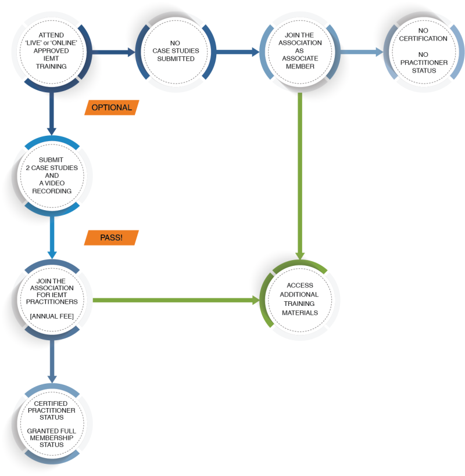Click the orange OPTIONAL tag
(112, 107)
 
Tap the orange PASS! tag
(111, 237)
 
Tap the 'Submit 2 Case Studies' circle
(52, 175)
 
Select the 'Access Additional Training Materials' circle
(300, 300)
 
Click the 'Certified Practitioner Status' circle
(52, 424)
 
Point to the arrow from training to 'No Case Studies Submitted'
(114, 52)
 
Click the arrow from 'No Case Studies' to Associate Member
(238, 52)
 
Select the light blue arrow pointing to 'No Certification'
(362, 52)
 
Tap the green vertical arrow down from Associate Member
(300, 176)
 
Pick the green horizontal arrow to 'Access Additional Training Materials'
(176, 300)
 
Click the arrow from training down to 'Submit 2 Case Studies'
(52, 114)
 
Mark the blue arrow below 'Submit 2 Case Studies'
(52, 237)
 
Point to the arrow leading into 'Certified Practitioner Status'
(52, 362)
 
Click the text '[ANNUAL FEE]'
(52, 316)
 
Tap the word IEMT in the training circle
(51, 58)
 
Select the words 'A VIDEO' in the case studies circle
(52, 183)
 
